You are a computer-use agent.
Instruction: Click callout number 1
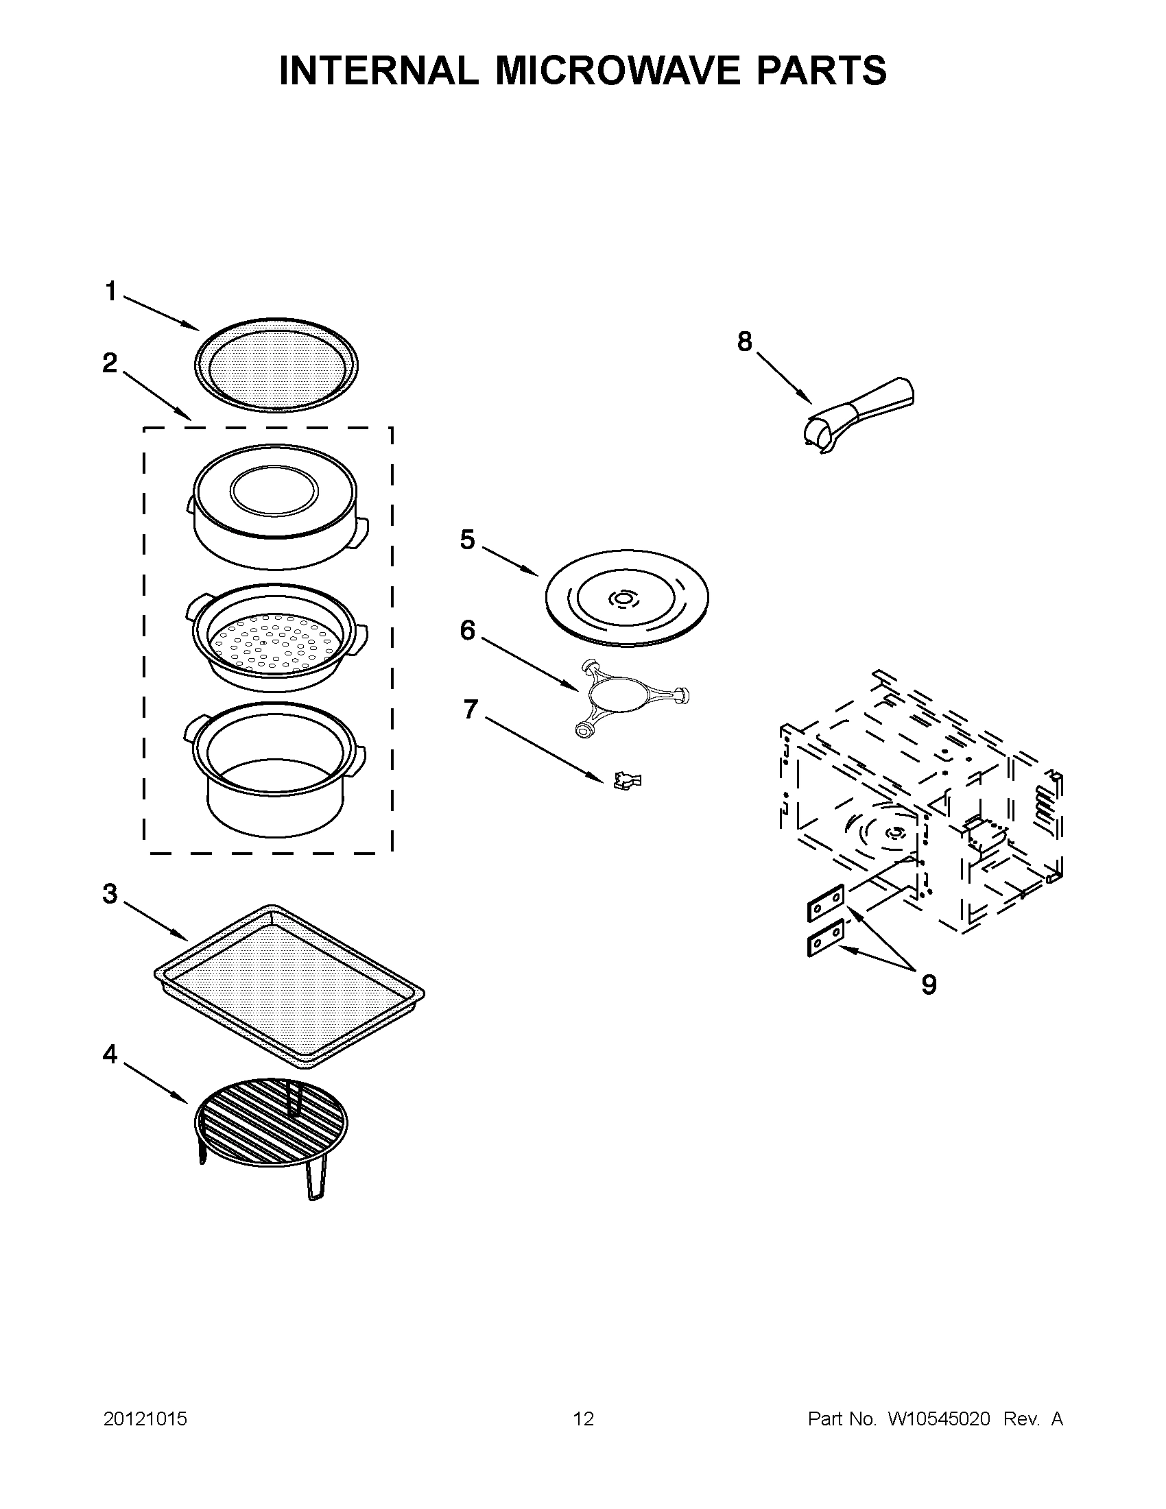pos(110,291)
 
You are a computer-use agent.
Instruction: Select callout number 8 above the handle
pos(743,341)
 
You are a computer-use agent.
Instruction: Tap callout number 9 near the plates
pos(929,984)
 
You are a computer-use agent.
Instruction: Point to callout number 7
pos(471,709)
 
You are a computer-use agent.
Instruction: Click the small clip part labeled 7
pos(627,781)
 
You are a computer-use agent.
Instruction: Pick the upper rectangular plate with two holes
pos(825,902)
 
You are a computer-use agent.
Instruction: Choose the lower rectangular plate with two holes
pos(825,938)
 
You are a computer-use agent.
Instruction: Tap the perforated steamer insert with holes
pos(276,639)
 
